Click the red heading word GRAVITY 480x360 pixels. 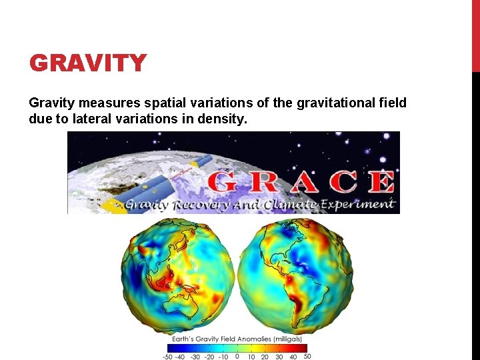(87, 63)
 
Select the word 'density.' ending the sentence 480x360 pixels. (224, 120)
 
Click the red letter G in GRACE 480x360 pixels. (223, 182)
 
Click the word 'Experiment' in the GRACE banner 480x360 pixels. (358, 204)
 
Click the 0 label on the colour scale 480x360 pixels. (237, 357)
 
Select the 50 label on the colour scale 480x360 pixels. (307, 357)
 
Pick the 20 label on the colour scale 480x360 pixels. (265, 357)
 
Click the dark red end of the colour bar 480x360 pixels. (303, 347)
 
